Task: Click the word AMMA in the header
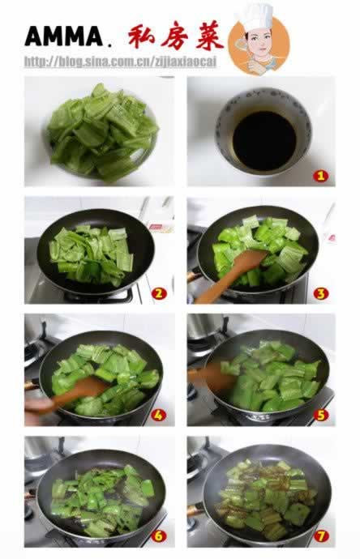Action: tap(64, 36)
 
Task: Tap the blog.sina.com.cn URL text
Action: tap(120, 62)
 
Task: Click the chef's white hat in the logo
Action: tap(256, 17)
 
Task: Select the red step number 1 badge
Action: tap(320, 176)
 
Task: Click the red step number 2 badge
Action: tap(159, 293)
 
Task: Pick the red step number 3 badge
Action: tap(321, 293)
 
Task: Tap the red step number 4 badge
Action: tap(158, 415)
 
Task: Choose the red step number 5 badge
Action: tap(321, 415)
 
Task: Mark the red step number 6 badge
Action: tap(159, 536)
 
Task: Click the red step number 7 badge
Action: tap(321, 536)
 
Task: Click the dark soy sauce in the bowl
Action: tap(264, 140)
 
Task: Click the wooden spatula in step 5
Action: tap(211, 376)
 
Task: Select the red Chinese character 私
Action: tap(141, 36)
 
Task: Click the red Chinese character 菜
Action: tap(209, 36)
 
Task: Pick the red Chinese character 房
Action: tap(174, 36)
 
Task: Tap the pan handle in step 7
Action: tap(195, 510)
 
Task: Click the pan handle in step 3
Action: tap(194, 276)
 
